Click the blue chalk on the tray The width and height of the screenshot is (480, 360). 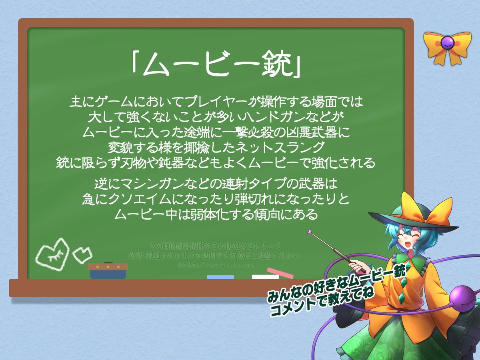coord(220,277)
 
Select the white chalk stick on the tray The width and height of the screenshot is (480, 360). coord(265,277)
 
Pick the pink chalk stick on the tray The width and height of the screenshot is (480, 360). coord(280,273)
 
